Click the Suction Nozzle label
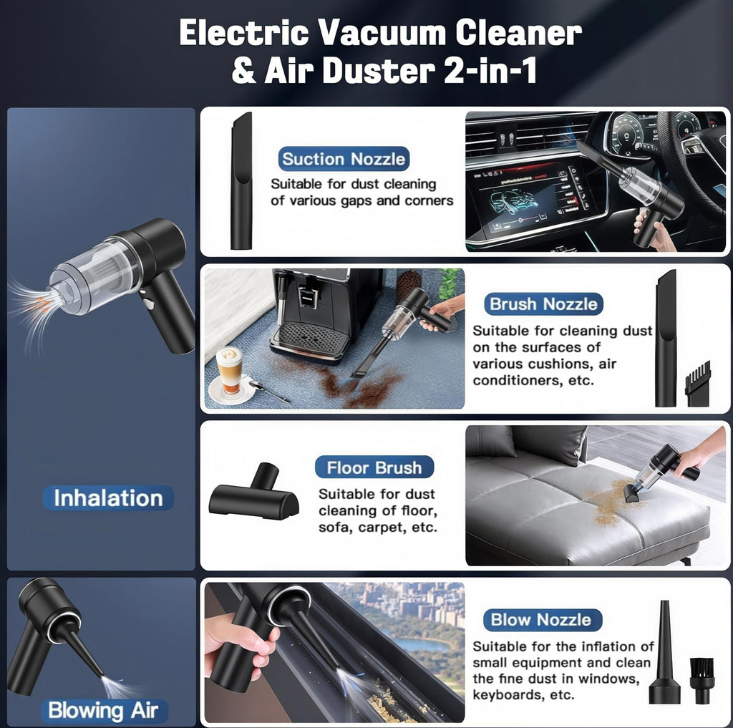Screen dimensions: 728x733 [x=344, y=159]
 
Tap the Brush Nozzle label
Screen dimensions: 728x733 [x=543, y=304]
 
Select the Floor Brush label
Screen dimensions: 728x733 [x=374, y=468]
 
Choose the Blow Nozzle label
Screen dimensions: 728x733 [x=540, y=620]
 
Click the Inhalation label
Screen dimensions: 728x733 [x=108, y=498]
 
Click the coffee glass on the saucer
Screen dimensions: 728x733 [x=229, y=369]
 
